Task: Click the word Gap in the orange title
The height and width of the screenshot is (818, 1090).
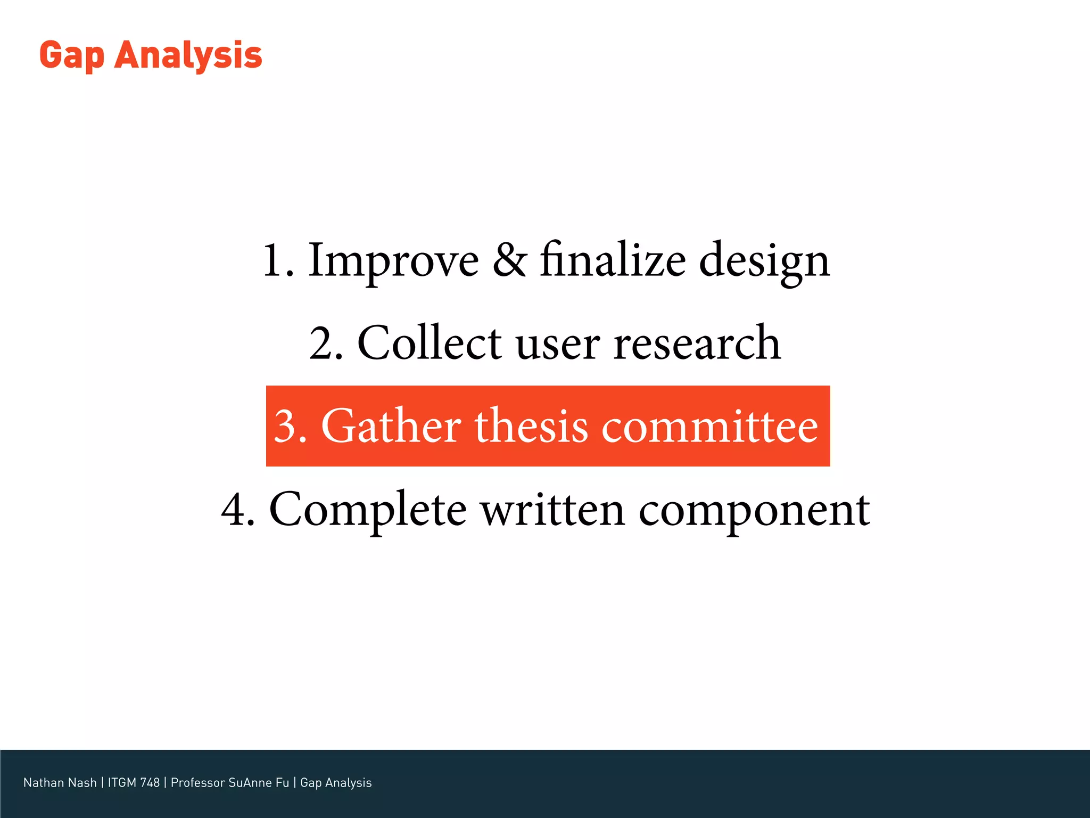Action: [x=71, y=56]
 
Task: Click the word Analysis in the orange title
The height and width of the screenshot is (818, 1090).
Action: [x=188, y=55]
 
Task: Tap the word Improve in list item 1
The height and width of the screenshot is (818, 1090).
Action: [x=393, y=260]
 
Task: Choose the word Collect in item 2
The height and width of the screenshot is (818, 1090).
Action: [x=430, y=343]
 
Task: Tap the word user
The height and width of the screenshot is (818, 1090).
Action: [x=557, y=345]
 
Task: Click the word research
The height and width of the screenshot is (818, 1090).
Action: [x=697, y=343]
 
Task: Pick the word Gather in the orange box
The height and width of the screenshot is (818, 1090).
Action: [x=391, y=426]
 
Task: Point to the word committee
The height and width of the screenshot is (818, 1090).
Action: [x=709, y=426]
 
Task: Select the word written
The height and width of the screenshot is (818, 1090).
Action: [x=553, y=510]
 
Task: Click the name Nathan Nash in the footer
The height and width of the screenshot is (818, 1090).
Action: [x=60, y=782]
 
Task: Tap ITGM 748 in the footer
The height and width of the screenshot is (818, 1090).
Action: [x=134, y=782]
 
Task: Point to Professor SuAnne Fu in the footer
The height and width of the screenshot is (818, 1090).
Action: [x=230, y=782]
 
